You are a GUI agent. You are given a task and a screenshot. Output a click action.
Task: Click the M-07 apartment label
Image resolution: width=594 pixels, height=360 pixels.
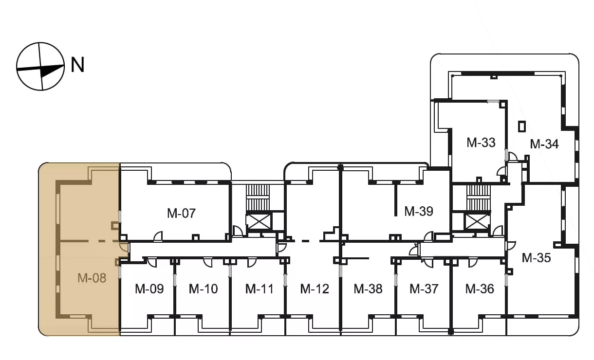pos(182,213)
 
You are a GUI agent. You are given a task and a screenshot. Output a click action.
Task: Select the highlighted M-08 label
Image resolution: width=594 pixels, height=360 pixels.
pos(92,278)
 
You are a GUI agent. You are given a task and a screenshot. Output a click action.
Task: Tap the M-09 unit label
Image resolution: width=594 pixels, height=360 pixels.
pos(149,289)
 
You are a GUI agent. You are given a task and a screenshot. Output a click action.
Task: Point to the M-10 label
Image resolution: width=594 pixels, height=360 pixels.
pos(203,289)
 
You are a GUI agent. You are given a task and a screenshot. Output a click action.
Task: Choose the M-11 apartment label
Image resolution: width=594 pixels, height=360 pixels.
pos(260,289)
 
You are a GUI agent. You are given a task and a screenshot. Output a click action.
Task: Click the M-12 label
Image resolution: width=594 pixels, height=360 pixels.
pos(315,289)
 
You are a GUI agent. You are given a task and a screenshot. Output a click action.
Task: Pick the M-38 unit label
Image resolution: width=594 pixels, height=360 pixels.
pos(368,289)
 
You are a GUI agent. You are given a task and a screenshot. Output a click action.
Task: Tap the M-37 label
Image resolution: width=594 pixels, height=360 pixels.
pos(424,289)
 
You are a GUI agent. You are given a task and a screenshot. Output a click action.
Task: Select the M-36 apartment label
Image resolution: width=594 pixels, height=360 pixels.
pos(480,289)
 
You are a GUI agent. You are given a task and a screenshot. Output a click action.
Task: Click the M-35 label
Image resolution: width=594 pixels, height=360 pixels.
pos(536,258)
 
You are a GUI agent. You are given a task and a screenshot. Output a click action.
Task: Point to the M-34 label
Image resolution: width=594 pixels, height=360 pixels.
pos(544,144)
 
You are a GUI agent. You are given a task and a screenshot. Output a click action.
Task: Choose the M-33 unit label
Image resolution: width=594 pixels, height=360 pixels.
pos(481,143)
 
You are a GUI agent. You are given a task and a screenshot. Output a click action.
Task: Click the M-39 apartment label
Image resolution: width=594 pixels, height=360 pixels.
pos(419,211)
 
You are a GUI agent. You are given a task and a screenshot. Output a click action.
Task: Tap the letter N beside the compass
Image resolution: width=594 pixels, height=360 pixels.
pos(77,65)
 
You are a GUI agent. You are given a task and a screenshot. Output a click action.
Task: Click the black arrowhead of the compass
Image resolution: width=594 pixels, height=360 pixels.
pos(52,71)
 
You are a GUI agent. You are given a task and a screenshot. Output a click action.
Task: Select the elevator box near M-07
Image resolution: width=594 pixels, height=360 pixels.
pos(259,222)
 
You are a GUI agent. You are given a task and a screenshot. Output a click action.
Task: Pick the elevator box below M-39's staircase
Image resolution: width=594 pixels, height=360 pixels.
pos(477,221)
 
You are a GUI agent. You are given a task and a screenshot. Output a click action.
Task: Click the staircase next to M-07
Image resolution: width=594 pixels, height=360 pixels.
pos(258,198)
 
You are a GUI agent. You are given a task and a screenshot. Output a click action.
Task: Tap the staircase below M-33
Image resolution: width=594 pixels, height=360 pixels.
pos(479,198)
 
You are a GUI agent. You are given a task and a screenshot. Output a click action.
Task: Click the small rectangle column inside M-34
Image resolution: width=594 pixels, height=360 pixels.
pos(522,126)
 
